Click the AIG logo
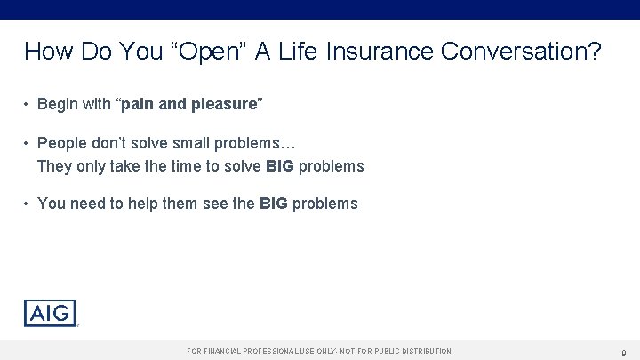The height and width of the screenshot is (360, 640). (x=50, y=313)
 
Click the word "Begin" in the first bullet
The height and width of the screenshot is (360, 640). (x=58, y=105)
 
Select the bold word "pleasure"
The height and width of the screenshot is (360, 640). (x=220, y=105)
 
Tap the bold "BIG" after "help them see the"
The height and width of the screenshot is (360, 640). (x=273, y=204)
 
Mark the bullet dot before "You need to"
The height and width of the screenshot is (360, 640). (x=28, y=204)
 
